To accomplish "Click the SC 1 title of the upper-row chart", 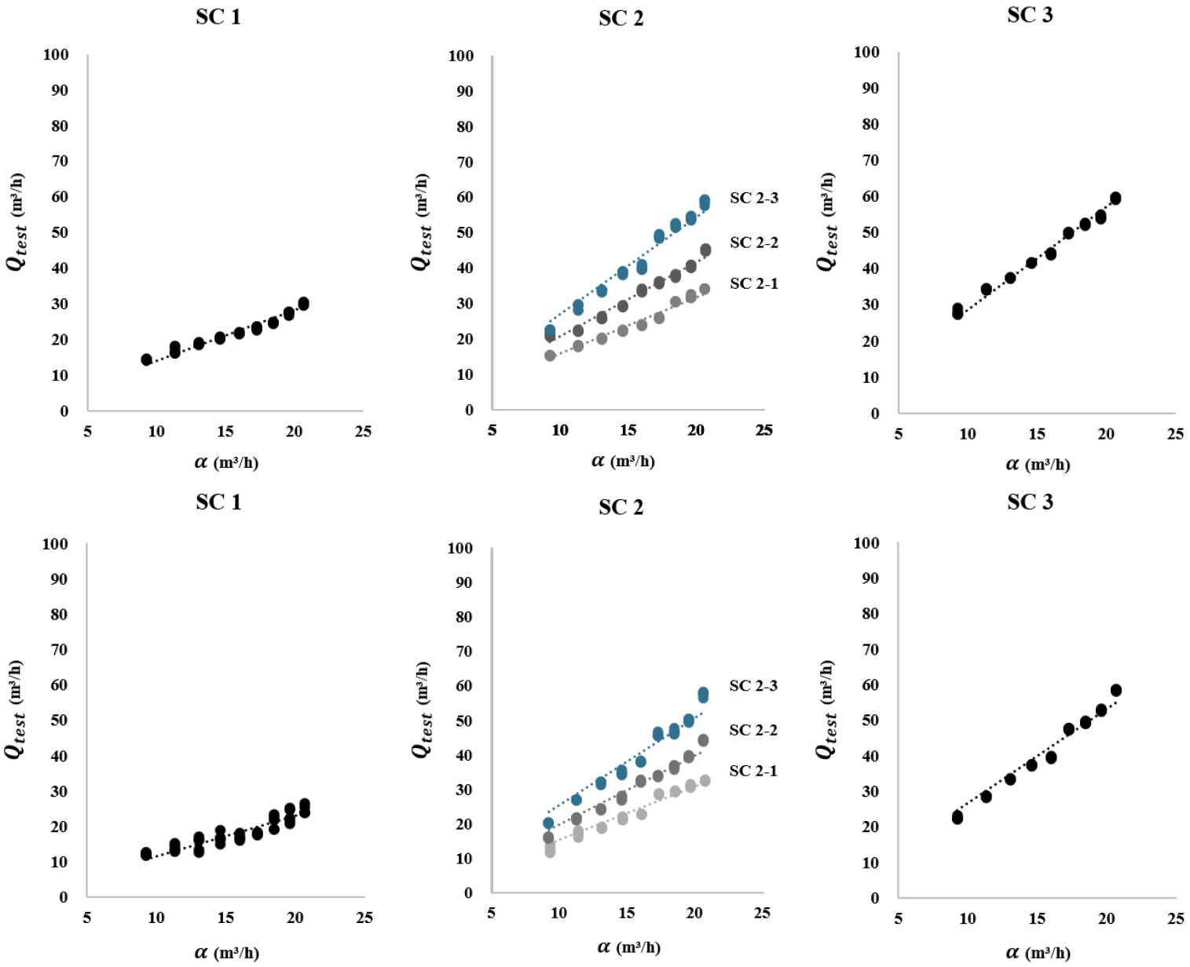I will click(x=218, y=16).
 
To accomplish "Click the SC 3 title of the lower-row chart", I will click(x=1030, y=502).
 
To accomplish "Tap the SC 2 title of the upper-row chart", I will click(x=621, y=18).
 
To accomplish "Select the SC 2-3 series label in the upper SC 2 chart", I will click(x=753, y=198).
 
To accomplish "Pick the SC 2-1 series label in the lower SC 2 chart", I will click(x=752, y=771).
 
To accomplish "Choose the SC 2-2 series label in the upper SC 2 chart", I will click(x=753, y=243).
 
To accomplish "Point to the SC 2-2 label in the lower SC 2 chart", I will click(x=752, y=730).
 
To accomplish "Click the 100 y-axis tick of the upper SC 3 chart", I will click(x=866, y=53).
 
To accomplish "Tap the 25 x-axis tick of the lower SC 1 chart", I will click(x=364, y=918).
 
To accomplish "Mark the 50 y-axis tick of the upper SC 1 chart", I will click(x=60, y=232).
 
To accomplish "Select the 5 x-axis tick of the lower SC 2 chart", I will click(x=491, y=913).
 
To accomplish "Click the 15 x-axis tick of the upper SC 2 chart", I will click(x=628, y=430).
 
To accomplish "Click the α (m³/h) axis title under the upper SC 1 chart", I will click(x=226, y=462).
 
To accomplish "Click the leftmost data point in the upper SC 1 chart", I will click(x=146, y=359).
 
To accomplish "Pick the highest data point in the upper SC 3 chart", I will click(x=1115, y=198).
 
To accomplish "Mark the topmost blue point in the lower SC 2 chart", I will click(x=703, y=694).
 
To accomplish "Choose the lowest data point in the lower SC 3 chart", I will click(x=957, y=818).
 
